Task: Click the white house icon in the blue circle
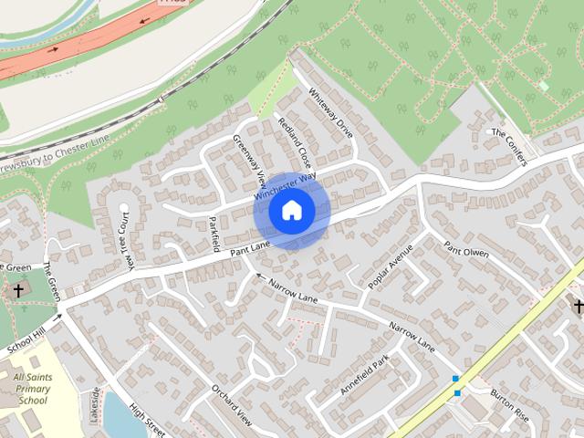click(292, 211)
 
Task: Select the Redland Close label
click(295, 141)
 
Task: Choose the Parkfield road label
click(215, 233)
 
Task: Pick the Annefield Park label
click(365, 374)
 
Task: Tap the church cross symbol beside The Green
click(17, 290)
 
